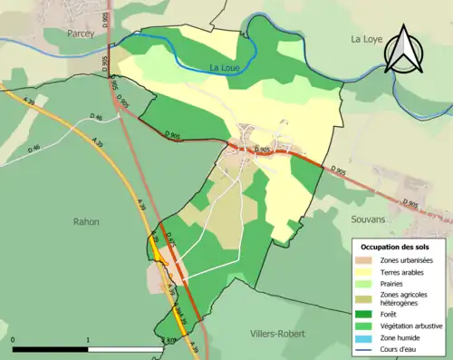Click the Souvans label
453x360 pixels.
(368, 219)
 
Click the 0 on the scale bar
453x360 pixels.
(14, 339)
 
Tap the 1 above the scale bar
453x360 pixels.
(88, 339)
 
